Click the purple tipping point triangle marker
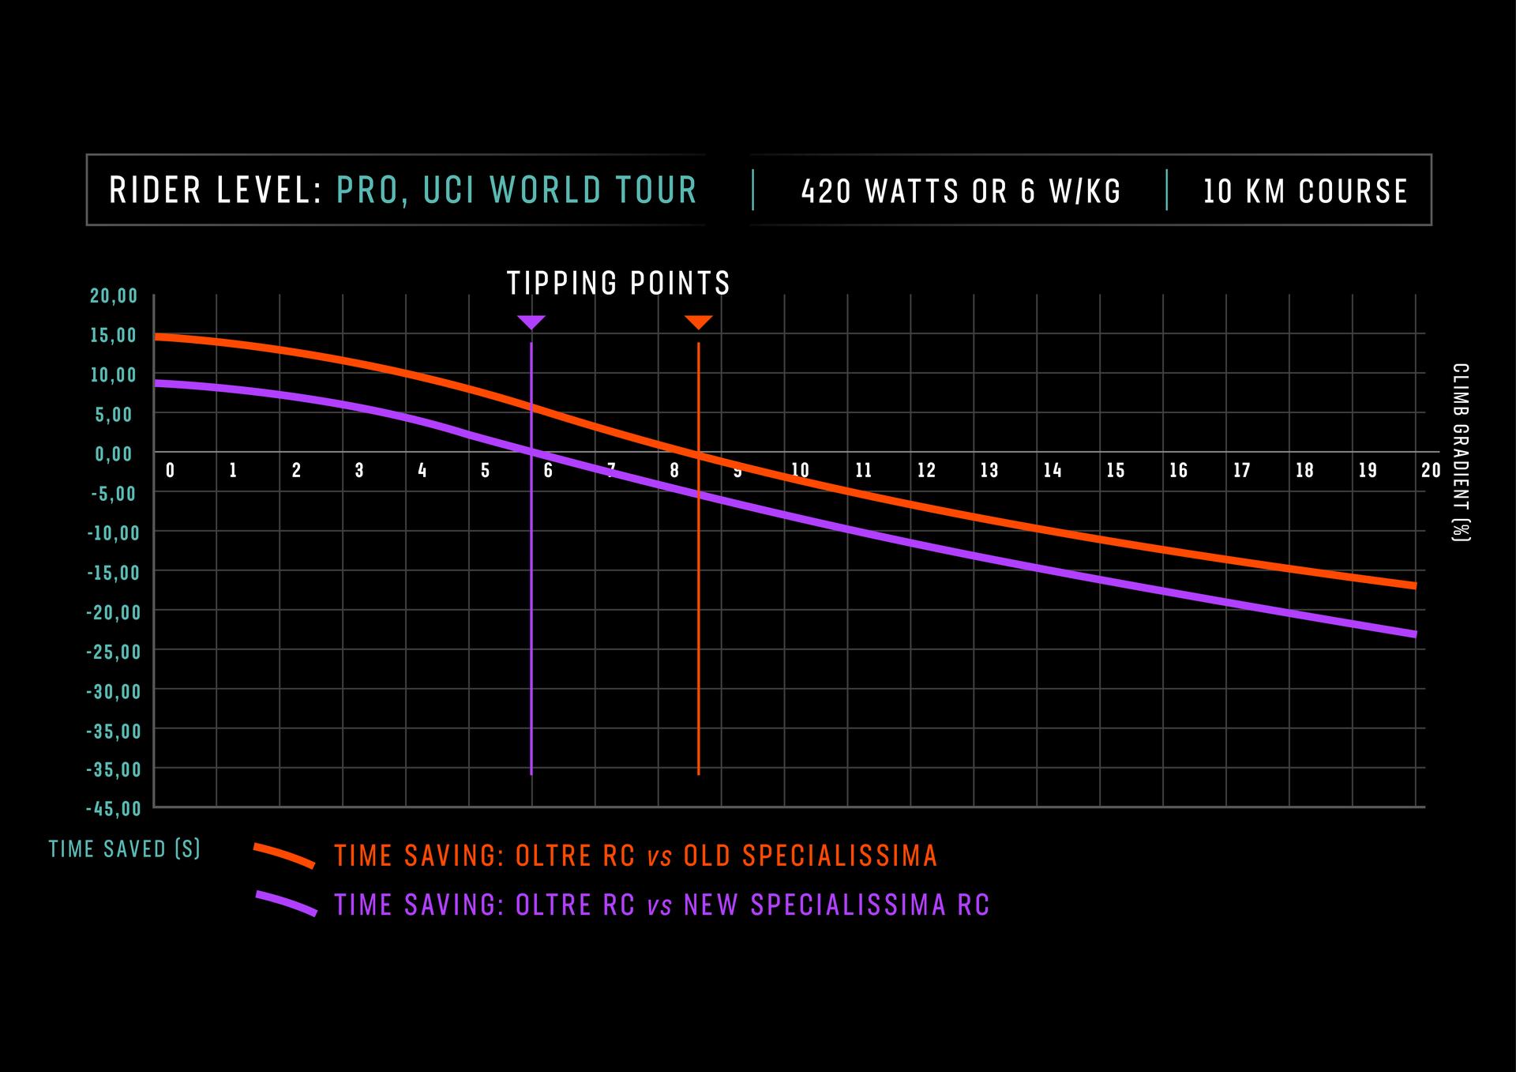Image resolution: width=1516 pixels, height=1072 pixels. click(531, 322)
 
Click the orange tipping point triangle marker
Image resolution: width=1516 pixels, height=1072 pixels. click(699, 322)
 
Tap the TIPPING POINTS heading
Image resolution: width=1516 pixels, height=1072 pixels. click(618, 284)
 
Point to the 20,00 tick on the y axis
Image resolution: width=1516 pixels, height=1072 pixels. click(114, 296)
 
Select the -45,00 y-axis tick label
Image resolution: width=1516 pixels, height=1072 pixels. click(114, 809)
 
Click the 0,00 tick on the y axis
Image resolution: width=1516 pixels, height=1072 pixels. click(114, 454)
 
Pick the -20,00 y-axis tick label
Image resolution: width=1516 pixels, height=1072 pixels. click(114, 612)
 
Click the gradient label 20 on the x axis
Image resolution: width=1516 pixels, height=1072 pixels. click(1431, 471)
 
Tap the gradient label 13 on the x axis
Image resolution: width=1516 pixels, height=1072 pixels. click(989, 471)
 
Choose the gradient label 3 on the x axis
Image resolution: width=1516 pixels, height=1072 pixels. click(359, 471)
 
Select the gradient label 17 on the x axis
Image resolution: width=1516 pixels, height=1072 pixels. click(1242, 471)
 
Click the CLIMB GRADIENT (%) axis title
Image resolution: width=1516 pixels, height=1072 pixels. click(1461, 452)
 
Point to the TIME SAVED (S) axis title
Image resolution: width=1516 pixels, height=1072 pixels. click(125, 849)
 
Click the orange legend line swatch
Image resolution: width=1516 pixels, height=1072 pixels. click(284, 856)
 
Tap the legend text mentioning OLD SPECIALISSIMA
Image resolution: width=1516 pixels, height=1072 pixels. click(636, 856)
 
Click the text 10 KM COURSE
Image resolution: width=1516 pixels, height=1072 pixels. click(1305, 192)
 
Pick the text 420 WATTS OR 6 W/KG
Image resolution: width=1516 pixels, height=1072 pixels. click(961, 192)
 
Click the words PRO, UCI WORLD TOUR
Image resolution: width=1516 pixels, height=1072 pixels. click(517, 190)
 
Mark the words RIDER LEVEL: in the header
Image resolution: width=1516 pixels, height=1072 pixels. click(216, 190)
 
